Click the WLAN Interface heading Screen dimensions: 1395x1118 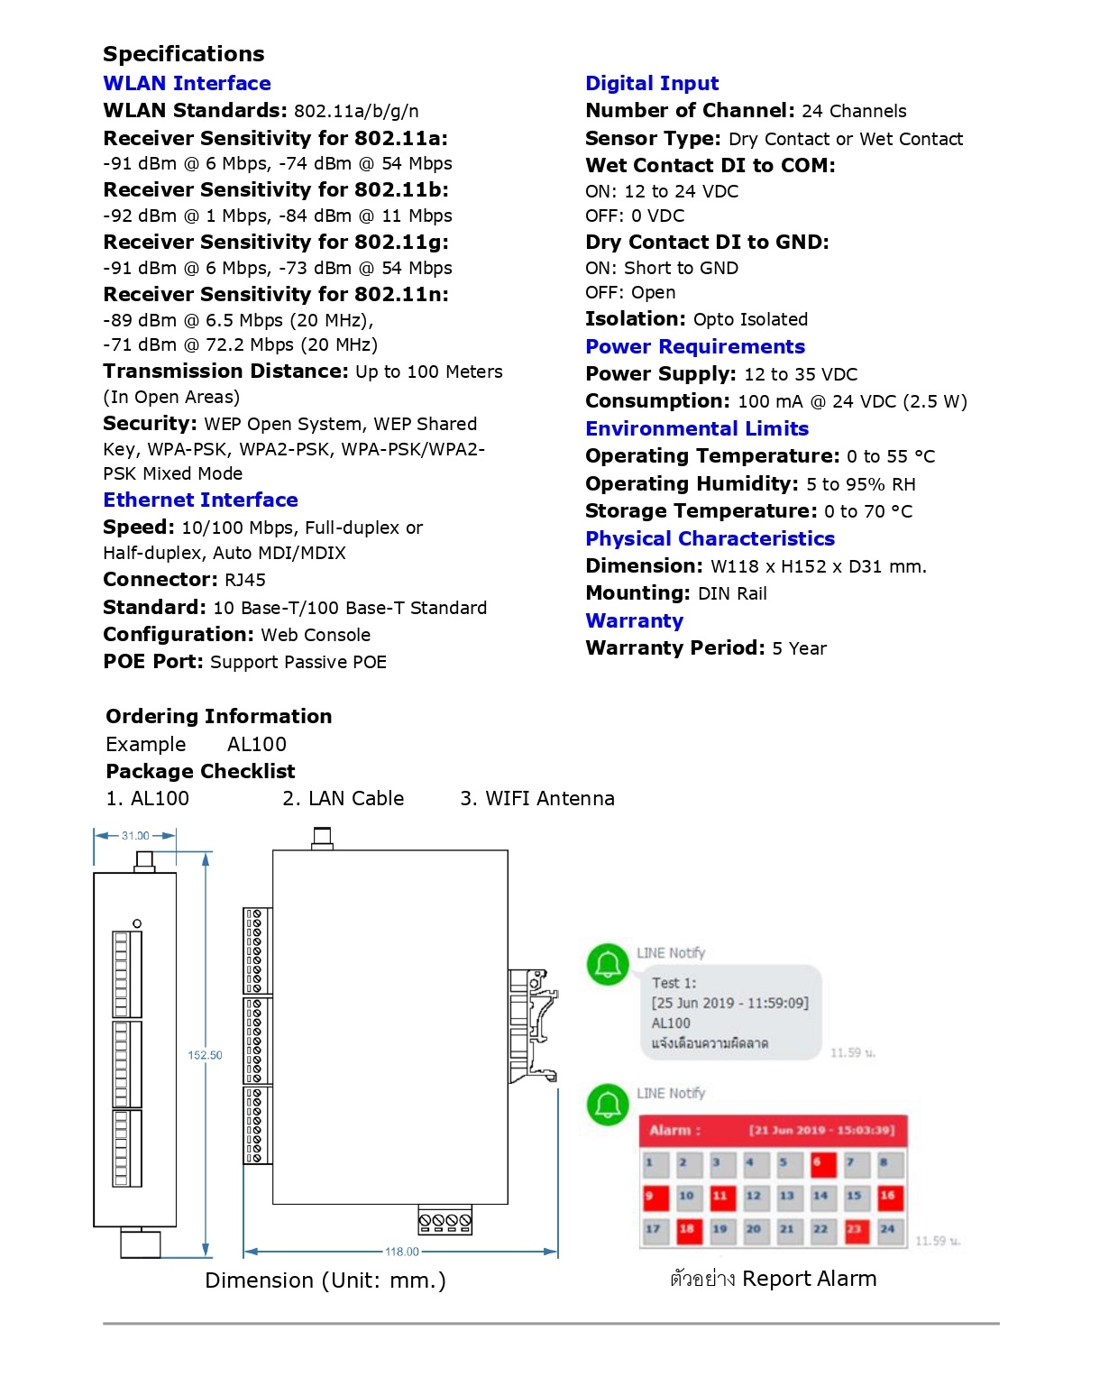coord(187,83)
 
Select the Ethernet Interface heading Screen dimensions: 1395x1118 coord(200,500)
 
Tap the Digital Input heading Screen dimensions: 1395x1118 coord(652,83)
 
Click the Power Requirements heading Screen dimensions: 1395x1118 coord(695,346)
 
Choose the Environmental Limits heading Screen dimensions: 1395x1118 coord(697,428)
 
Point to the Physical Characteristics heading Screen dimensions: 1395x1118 coord(710,538)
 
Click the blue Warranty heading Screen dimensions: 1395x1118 coord(634,620)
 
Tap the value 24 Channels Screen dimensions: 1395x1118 coord(854,111)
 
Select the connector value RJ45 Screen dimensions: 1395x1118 coord(245,580)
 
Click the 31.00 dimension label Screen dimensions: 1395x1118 coord(135,836)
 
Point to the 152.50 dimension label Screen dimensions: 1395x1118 coord(205,1055)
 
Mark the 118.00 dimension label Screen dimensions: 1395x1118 coord(402,1252)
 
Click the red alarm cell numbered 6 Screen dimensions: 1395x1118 coord(822,1163)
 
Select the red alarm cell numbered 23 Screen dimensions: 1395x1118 coord(856,1229)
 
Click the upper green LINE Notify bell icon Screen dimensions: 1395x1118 coord(608,964)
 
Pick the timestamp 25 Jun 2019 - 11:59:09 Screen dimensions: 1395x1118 coord(730,1003)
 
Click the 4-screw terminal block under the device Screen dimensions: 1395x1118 coord(445,1221)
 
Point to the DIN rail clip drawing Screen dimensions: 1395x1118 coord(534,1024)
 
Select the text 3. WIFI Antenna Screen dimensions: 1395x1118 coord(537,798)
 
